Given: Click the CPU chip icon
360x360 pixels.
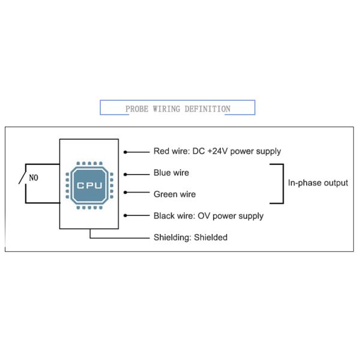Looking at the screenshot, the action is [89, 185].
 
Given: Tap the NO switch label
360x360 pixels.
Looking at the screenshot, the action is [34, 178].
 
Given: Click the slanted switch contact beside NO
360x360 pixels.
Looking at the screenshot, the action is [22, 178].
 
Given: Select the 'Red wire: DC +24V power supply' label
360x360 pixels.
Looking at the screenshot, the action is [217, 151].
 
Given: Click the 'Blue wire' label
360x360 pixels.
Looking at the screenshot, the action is [171, 173].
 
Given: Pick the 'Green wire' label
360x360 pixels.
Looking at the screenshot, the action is [175, 194].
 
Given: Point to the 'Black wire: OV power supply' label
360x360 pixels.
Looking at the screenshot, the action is [208, 216].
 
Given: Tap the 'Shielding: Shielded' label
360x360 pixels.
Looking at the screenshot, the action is [191, 238].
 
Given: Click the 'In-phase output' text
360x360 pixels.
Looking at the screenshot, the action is [318, 183].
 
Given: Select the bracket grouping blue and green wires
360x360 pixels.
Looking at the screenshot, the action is [283, 184].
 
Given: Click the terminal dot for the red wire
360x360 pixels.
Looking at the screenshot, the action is [125, 152].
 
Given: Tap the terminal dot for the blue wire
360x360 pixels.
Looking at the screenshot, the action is [125, 175].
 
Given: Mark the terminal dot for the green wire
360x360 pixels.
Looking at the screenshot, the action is [125, 193].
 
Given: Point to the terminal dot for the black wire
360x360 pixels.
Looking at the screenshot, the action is [125, 215].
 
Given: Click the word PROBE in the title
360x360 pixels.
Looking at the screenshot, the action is [137, 109].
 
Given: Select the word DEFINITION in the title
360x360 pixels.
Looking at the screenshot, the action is [208, 109].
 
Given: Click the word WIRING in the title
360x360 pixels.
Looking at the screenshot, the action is [166, 109].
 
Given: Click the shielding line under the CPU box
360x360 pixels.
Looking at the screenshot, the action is [119, 238].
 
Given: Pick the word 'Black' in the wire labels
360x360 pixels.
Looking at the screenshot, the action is [164, 216].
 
